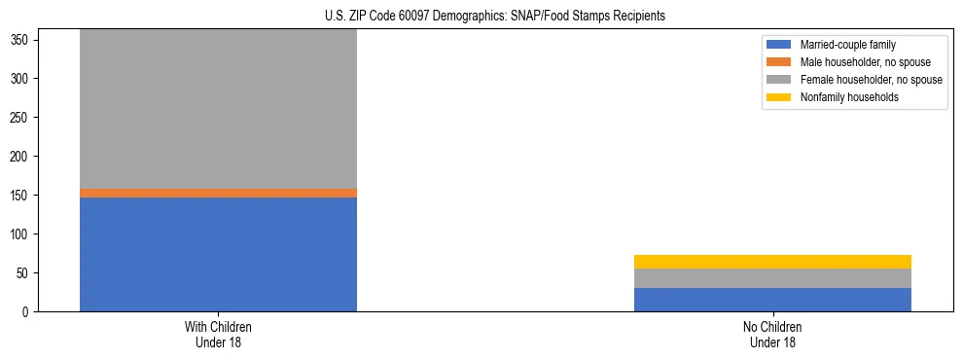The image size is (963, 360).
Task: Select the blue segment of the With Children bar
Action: click(x=218, y=254)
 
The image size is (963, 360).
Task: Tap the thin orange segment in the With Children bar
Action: click(x=218, y=193)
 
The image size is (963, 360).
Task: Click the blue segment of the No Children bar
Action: click(x=772, y=300)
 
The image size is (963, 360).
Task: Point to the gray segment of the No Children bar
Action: click(x=772, y=278)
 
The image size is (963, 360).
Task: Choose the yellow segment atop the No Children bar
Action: click(x=772, y=262)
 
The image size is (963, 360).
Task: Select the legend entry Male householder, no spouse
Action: click(x=857, y=62)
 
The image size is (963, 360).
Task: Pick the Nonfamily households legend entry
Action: click(x=842, y=97)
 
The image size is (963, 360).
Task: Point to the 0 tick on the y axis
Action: click(x=28, y=312)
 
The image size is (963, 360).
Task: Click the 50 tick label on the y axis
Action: click(x=25, y=273)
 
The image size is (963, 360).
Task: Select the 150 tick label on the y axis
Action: click(x=22, y=196)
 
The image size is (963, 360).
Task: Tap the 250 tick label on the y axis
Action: click(x=22, y=118)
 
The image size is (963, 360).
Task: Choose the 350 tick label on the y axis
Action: click(x=22, y=40)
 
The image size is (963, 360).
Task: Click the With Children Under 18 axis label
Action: click(x=218, y=335)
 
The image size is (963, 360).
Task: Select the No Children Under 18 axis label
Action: click(x=772, y=335)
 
